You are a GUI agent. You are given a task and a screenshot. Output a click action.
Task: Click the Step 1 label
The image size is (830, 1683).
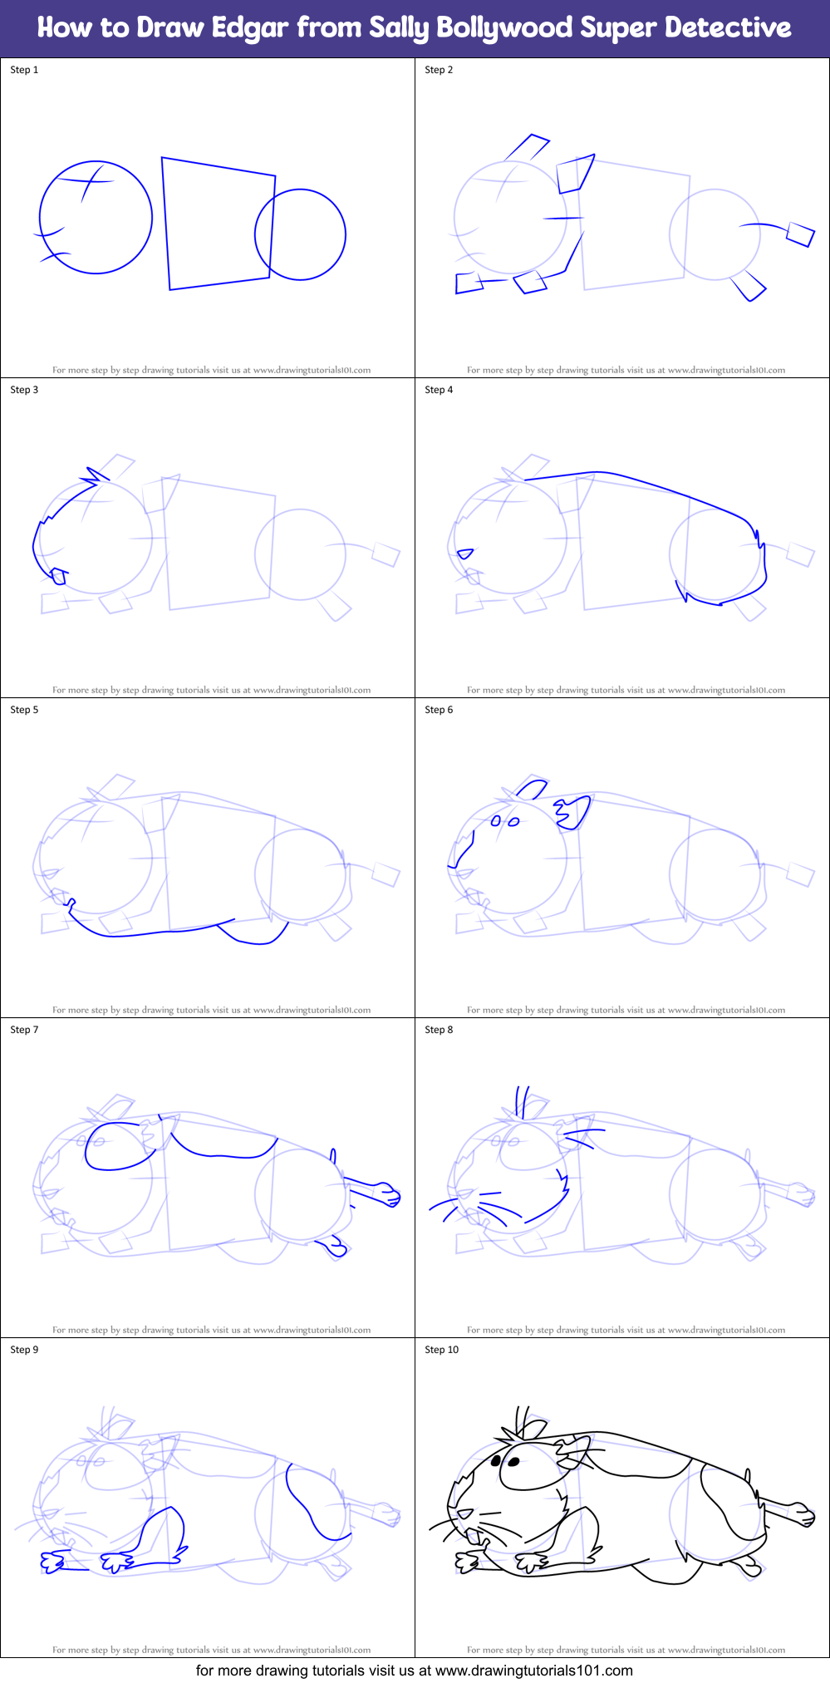[x=24, y=70]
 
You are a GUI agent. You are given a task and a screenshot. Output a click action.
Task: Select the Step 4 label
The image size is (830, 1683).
[x=439, y=390]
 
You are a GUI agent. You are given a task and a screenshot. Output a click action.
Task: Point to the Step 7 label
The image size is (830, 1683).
[x=24, y=1030]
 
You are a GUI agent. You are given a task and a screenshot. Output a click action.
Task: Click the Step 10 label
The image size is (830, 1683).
[x=441, y=1350]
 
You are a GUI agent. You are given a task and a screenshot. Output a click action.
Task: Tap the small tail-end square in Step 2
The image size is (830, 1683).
[x=801, y=234]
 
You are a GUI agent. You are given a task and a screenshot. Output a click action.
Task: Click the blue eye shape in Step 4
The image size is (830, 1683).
[x=465, y=554]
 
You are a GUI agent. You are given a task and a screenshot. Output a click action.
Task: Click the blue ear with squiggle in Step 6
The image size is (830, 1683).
[x=574, y=811]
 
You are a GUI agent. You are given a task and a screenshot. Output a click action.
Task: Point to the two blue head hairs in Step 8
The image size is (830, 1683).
[x=522, y=1100]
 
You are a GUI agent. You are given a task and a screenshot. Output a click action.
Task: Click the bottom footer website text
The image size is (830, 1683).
[x=414, y=1671]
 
